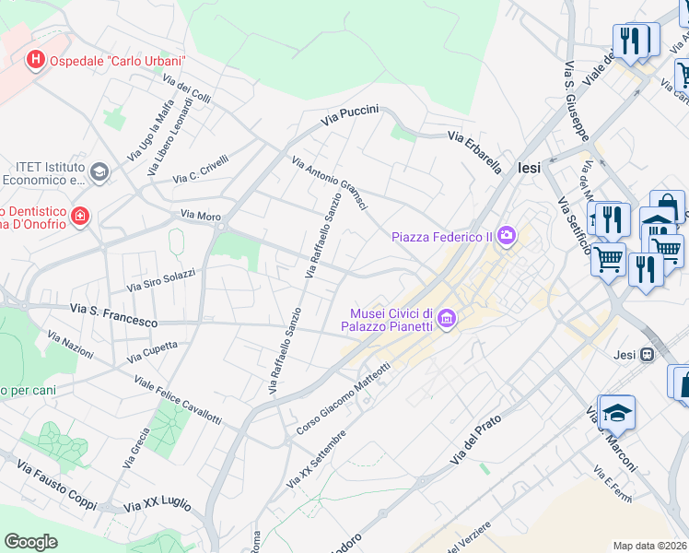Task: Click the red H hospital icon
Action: click(35, 60)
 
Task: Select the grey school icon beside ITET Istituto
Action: click(99, 171)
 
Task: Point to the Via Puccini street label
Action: click(349, 115)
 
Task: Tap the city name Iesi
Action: click(530, 168)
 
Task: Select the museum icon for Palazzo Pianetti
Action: click(447, 320)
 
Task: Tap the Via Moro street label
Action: click(201, 215)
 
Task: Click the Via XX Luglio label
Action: click(157, 505)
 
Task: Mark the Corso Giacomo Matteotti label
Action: click(344, 399)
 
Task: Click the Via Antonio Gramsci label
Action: click(330, 182)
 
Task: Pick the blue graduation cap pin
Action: click(617, 413)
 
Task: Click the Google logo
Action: click(30, 542)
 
